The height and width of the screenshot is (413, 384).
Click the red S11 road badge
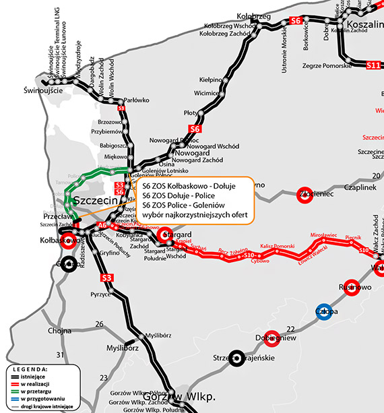pyautogui.click(x=374, y=65)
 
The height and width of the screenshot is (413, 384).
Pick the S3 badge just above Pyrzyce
pyautogui.click(x=106, y=278)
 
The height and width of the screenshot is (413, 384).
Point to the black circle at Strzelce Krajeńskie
pyautogui.click(x=236, y=358)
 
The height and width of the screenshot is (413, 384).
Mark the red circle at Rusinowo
pyautogui.click(x=350, y=286)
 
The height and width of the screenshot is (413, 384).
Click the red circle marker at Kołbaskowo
pyautogui.click(x=69, y=242)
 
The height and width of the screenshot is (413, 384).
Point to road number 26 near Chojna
pyautogui.click(x=99, y=325)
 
